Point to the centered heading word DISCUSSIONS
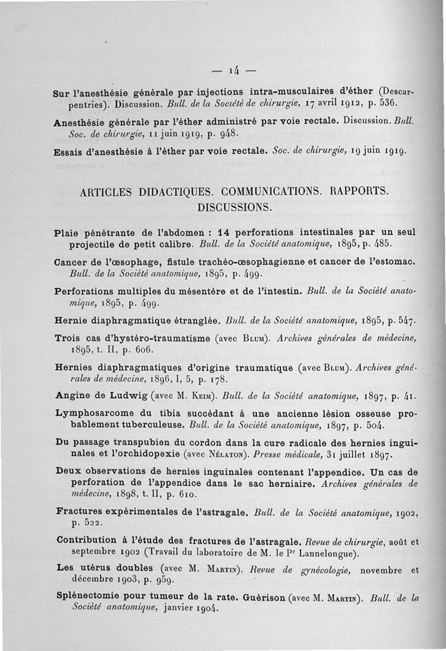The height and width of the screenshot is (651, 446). [x=234, y=207]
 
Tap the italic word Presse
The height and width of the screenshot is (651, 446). [x=266, y=454]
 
